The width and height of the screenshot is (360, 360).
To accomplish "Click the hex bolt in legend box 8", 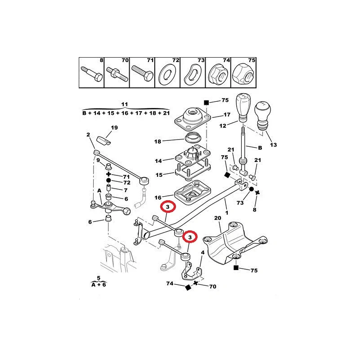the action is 92,73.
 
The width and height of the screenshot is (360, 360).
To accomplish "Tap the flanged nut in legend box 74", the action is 217,73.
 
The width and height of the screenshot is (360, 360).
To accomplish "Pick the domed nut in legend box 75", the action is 243,73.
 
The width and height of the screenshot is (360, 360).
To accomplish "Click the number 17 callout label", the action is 227,115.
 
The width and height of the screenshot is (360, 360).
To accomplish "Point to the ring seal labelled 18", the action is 193,138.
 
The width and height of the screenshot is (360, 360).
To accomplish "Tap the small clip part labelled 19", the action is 103,140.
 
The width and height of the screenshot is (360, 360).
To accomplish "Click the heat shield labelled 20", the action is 235,243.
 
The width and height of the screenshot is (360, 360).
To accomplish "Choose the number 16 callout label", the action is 158,198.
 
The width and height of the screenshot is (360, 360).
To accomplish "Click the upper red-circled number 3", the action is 167,207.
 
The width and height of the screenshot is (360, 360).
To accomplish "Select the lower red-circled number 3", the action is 190,237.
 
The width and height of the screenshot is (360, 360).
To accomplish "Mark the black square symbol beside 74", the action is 188,288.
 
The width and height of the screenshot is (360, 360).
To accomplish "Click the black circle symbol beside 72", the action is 108,181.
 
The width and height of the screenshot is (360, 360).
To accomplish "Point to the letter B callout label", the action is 260,148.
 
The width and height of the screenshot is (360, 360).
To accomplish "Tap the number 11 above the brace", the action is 125,104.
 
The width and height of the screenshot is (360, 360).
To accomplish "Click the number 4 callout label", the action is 202,252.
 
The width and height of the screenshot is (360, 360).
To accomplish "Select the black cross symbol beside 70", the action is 195,283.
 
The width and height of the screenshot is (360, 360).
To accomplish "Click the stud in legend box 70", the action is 117,73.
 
